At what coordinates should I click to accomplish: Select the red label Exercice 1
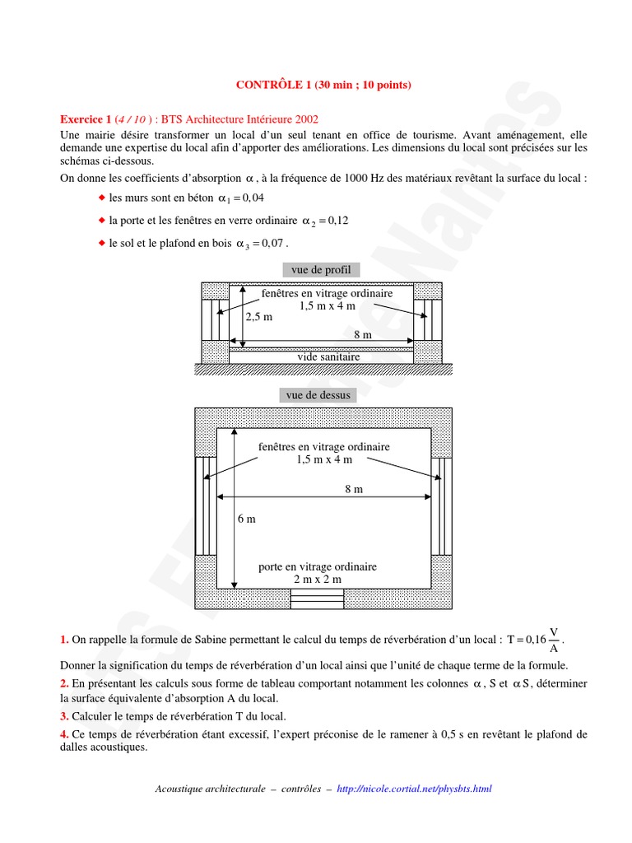click(x=87, y=119)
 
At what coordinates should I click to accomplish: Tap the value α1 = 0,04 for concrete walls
click(x=241, y=198)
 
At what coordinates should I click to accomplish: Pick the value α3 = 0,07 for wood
click(x=263, y=244)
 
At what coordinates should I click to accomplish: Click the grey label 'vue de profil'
click(x=320, y=270)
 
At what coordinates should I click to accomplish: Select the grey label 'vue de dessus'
click(x=318, y=395)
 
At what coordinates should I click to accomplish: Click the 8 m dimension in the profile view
click(x=362, y=334)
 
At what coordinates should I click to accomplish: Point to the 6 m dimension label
click(x=246, y=519)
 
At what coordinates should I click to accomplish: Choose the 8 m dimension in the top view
click(x=354, y=489)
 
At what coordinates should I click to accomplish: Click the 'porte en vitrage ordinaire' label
click(x=318, y=567)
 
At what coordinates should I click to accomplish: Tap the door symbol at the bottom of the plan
click(x=317, y=599)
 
